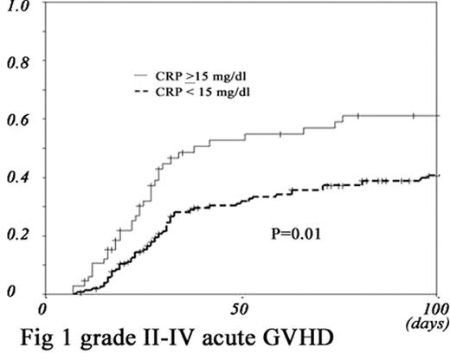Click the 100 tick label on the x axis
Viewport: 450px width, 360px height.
coord(434,309)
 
